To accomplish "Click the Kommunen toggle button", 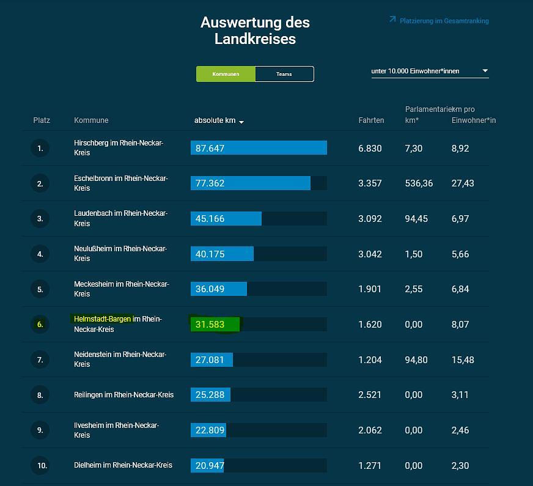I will click(x=226, y=74).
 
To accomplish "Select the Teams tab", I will click(x=284, y=74).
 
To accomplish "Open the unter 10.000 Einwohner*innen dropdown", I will click(x=430, y=71).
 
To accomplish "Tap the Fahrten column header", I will click(x=371, y=120).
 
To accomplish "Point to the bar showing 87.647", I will click(x=259, y=148).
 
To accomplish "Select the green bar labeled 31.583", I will click(x=215, y=324).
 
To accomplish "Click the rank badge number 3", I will click(x=40, y=218).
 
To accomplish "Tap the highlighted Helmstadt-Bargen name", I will click(x=103, y=319).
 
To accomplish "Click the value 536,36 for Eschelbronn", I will click(x=419, y=183).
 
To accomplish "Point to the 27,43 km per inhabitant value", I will click(x=463, y=183).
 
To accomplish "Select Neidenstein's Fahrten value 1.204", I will click(x=370, y=359).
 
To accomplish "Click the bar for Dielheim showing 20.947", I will click(x=207, y=465).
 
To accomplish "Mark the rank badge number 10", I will click(x=42, y=465).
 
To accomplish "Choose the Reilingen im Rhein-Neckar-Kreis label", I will click(x=123, y=395).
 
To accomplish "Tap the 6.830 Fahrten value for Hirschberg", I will click(x=370, y=148).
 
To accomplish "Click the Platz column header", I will click(x=42, y=120).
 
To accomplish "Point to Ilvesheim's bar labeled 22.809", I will click(x=208, y=430).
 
